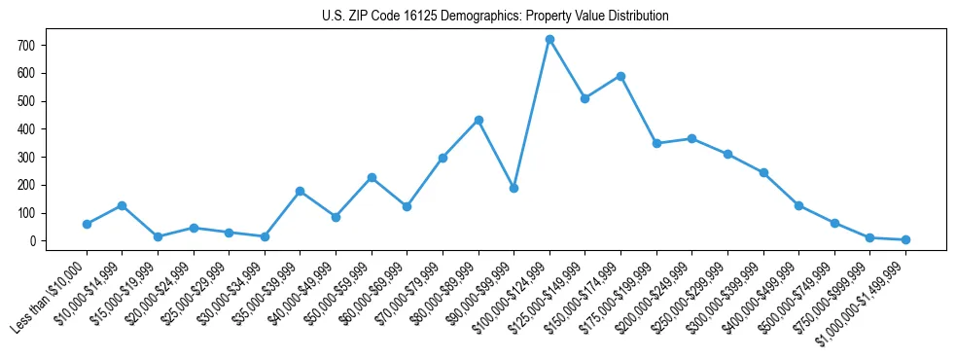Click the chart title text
coord(495,17)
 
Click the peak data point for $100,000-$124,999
coord(549,39)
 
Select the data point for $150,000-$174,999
coord(620,76)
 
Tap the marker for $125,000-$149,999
coord(584,98)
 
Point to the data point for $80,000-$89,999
coord(478,120)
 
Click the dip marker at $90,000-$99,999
coord(513,188)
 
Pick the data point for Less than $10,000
coord(87,224)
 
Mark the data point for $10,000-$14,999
coord(123,205)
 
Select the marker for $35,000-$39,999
coord(300,191)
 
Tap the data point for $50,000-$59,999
coord(372,177)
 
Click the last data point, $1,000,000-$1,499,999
coord(905,239)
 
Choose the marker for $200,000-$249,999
coord(691,138)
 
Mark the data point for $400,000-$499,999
coord(798,205)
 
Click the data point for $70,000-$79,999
coord(443,158)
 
